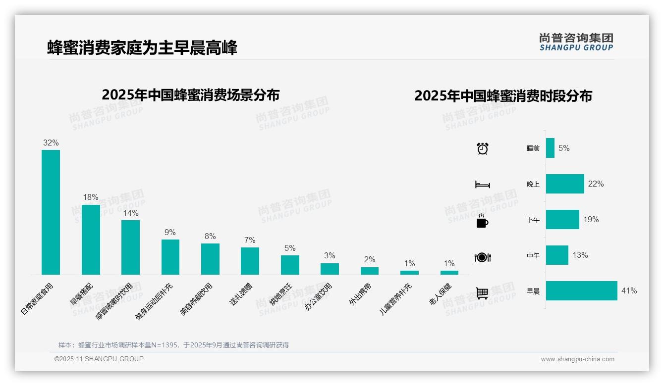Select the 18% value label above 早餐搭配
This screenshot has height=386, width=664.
pos(91,197)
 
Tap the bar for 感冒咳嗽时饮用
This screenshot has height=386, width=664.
pos(130,247)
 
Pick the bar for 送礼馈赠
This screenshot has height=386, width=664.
pos(250,261)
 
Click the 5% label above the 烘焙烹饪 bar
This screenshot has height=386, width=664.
pos(290,248)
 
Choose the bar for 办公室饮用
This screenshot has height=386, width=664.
pos(330,269)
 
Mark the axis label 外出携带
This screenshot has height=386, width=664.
pos(360,294)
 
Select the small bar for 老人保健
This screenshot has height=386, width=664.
pos(449,273)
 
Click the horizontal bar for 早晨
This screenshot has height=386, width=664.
pos(581,291)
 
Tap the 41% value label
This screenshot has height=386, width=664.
pos(629,291)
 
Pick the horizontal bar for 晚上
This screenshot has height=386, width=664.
pos(565,184)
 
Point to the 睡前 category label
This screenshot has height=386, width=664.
pos(533,148)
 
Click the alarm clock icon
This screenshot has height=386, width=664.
pos(482,148)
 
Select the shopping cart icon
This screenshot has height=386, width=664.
pos(482,293)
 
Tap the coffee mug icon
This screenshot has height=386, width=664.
pos(482,221)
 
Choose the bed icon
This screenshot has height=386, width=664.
pos(482,185)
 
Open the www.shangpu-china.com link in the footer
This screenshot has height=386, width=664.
pos(577,359)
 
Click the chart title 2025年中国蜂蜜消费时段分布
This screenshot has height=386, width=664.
pos(503,96)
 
